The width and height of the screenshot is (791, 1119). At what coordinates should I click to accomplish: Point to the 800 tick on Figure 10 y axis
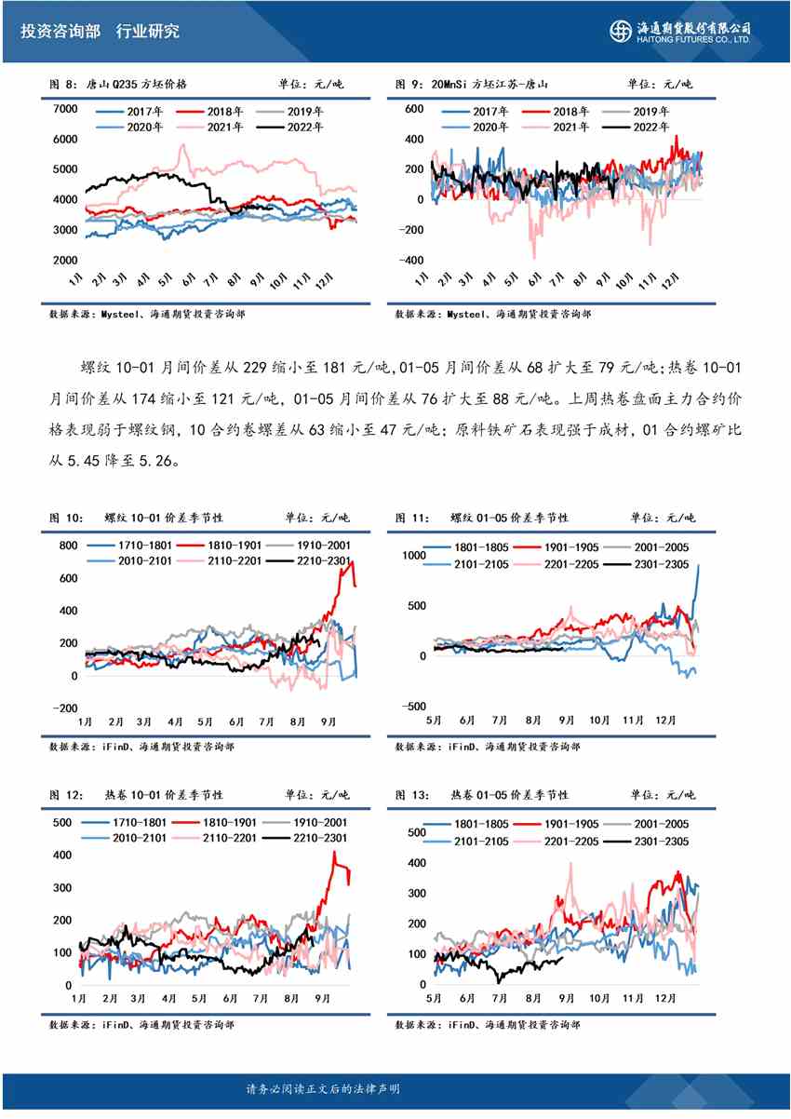68,546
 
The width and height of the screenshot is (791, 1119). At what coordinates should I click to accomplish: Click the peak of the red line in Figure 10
345,562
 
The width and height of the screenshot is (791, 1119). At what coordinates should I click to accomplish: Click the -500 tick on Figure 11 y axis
411,706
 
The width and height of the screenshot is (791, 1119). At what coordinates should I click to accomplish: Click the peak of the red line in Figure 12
335,852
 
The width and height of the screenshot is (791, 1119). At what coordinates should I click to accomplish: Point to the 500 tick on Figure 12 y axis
62,823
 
